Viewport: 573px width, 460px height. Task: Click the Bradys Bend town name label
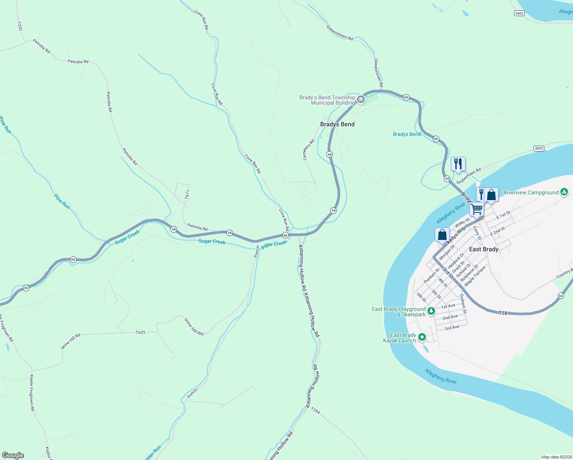click(337, 124)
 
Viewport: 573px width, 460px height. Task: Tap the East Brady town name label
click(484, 249)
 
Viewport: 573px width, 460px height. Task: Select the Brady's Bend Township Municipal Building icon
click(360, 100)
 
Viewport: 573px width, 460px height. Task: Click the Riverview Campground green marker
click(564, 192)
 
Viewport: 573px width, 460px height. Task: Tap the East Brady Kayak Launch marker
click(422, 337)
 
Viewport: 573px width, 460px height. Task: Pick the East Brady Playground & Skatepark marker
click(431, 311)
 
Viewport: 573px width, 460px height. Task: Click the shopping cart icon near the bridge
click(476, 209)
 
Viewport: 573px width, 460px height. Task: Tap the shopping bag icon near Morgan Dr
click(442, 235)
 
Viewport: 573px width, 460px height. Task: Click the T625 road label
click(141, 332)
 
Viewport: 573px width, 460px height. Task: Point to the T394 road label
click(315, 411)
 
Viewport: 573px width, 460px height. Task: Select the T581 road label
click(504, 313)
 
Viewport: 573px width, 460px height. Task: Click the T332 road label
click(20, 26)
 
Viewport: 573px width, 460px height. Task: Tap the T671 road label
click(187, 195)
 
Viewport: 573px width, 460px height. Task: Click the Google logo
click(13, 455)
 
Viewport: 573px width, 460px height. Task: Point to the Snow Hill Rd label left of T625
click(71, 341)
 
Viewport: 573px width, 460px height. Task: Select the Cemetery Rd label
click(308, 149)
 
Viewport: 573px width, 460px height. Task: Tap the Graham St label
click(463, 304)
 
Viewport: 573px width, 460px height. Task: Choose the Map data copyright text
click(557, 457)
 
